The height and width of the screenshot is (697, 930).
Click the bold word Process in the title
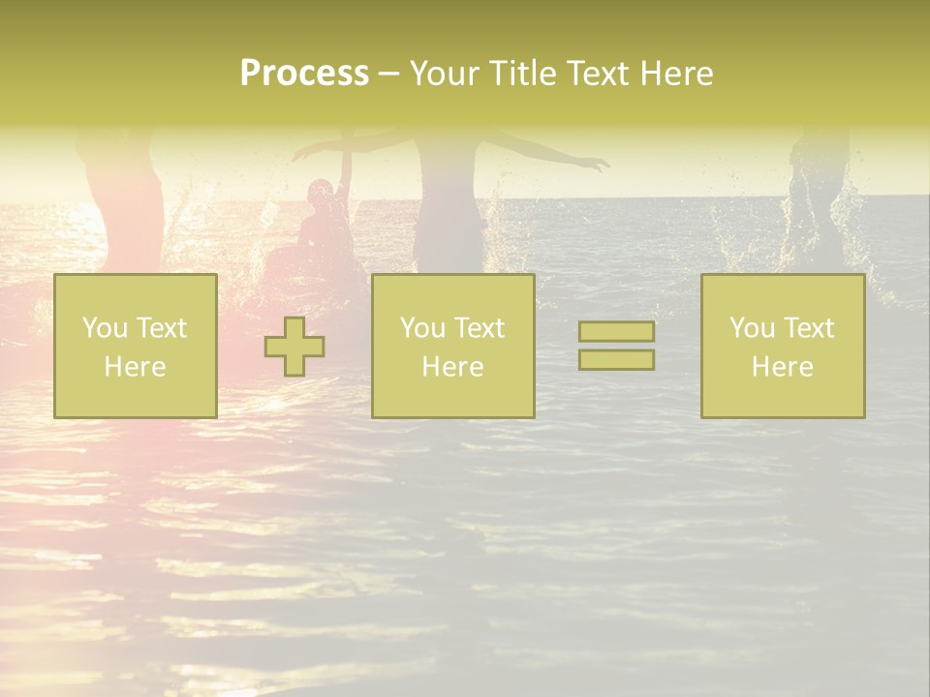[x=304, y=74]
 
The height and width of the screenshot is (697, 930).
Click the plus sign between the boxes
[x=294, y=347]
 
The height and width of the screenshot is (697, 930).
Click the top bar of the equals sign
[x=616, y=332]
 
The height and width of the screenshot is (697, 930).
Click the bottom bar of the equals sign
[x=616, y=360]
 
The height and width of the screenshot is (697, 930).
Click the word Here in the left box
[x=135, y=366]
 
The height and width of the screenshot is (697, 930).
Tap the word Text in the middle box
[x=480, y=328]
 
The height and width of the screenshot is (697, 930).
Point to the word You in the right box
[x=752, y=328]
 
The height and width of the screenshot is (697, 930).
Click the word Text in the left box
[x=162, y=328]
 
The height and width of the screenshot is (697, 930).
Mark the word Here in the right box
[x=782, y=366]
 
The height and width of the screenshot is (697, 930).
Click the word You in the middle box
[x=422, y=328]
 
